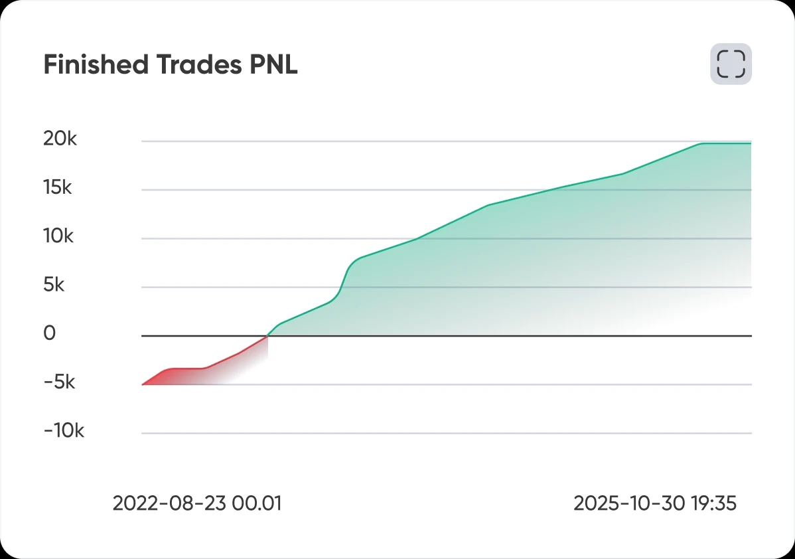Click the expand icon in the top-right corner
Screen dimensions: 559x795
(x=731, y=64)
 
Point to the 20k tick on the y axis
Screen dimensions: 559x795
(x=60, y=139)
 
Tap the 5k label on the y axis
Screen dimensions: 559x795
(x=55, y=285)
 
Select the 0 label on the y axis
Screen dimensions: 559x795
(x=50, y=334)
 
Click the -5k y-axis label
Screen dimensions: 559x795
(x=60, y=383)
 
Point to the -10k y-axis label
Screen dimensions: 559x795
(x=64, y=432)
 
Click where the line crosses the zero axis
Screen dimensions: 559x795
(x=267, y=336)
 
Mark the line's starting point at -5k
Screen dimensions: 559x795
(x=143, y=384)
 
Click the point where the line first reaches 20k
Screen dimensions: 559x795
(x=702, y=143)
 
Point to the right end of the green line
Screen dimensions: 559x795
(x=751, y=143)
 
